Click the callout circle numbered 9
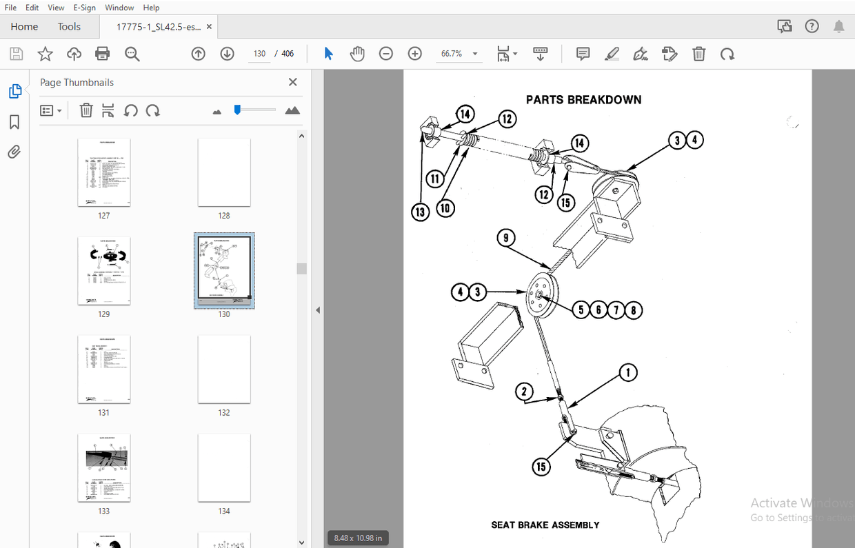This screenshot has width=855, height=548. (x=506, y=239)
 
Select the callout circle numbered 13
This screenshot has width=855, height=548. (x=421, y=212)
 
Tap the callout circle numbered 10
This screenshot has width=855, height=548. (x=445, y=207)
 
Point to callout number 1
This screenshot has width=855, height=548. (x=627, y=373)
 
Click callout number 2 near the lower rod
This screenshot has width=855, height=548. (x=525, y=392)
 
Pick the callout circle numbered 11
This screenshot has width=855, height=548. (x=434, y=179)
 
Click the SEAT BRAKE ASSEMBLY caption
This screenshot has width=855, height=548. (x=545, y=525)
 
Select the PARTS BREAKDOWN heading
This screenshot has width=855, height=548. (x=583, y=100)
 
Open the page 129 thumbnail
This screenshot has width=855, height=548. (x=103, y=271)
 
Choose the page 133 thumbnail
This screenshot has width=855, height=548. (x=103, y=468)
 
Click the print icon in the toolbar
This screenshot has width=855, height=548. (x=103, y=54)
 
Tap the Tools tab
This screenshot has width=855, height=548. (x=69, y=27)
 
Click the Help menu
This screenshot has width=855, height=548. (x=151, y=8)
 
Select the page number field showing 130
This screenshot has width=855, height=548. (x=259, y=54)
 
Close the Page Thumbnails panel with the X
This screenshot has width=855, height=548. (x=292, y=82)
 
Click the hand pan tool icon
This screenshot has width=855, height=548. (x=357, y=54)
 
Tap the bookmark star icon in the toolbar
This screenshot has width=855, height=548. (x=45, y=54)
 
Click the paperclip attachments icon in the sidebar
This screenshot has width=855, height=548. (x=14, y=152)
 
